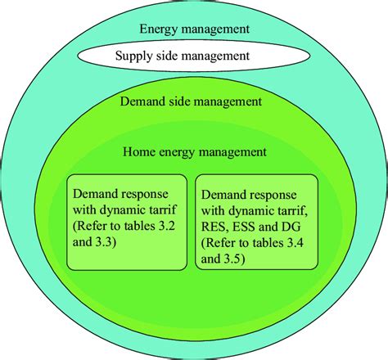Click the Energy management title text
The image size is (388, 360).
pyautogui.click(x=194, y=29)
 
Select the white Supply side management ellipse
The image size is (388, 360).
pyautogui.click(x=194, y=57)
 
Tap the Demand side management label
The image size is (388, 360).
pyautogui.click(x=190, y=102)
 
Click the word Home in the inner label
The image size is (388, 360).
pyautogui.click(x=139, y=151)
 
